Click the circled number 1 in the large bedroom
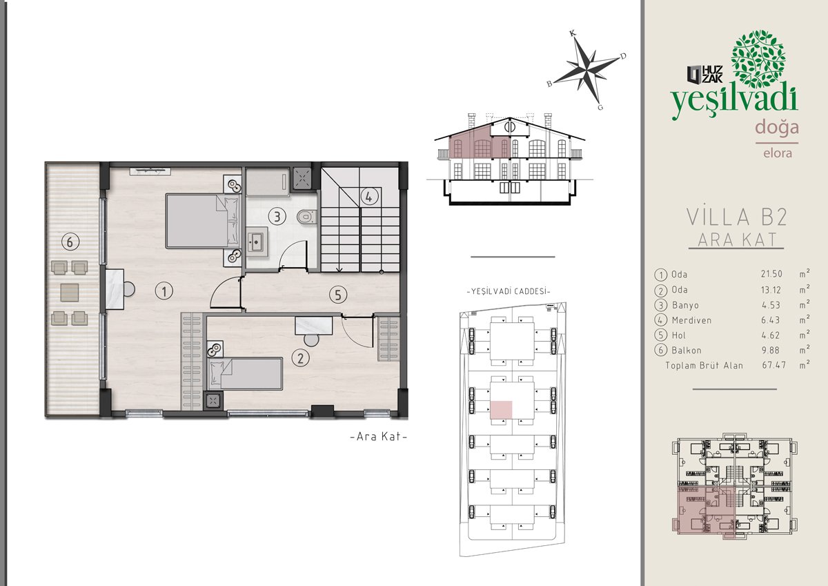tap(164, 291)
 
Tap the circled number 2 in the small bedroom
tap(300, 358)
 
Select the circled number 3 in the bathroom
tap(277, 216)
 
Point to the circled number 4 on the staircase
tap(369, 197)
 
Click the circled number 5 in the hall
tap(338, 295)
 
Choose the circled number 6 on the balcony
tap(70, 242)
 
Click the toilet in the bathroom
tap(307, 217)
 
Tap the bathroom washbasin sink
tap(257, 242)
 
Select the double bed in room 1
tap(204, 221)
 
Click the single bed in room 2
tap(245, 373)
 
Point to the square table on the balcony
tap(70, 293)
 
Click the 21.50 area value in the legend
tap(771, 274)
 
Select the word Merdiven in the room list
tap(691, 320)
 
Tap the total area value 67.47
tap(773, 365)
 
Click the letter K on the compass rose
tap(573, 34)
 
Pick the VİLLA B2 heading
tap(737, 217)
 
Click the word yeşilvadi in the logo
tap(734, 101)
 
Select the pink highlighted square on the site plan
tap(501, 410)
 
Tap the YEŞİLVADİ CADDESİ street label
tap(509, 291)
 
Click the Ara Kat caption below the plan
tap(379, 437)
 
